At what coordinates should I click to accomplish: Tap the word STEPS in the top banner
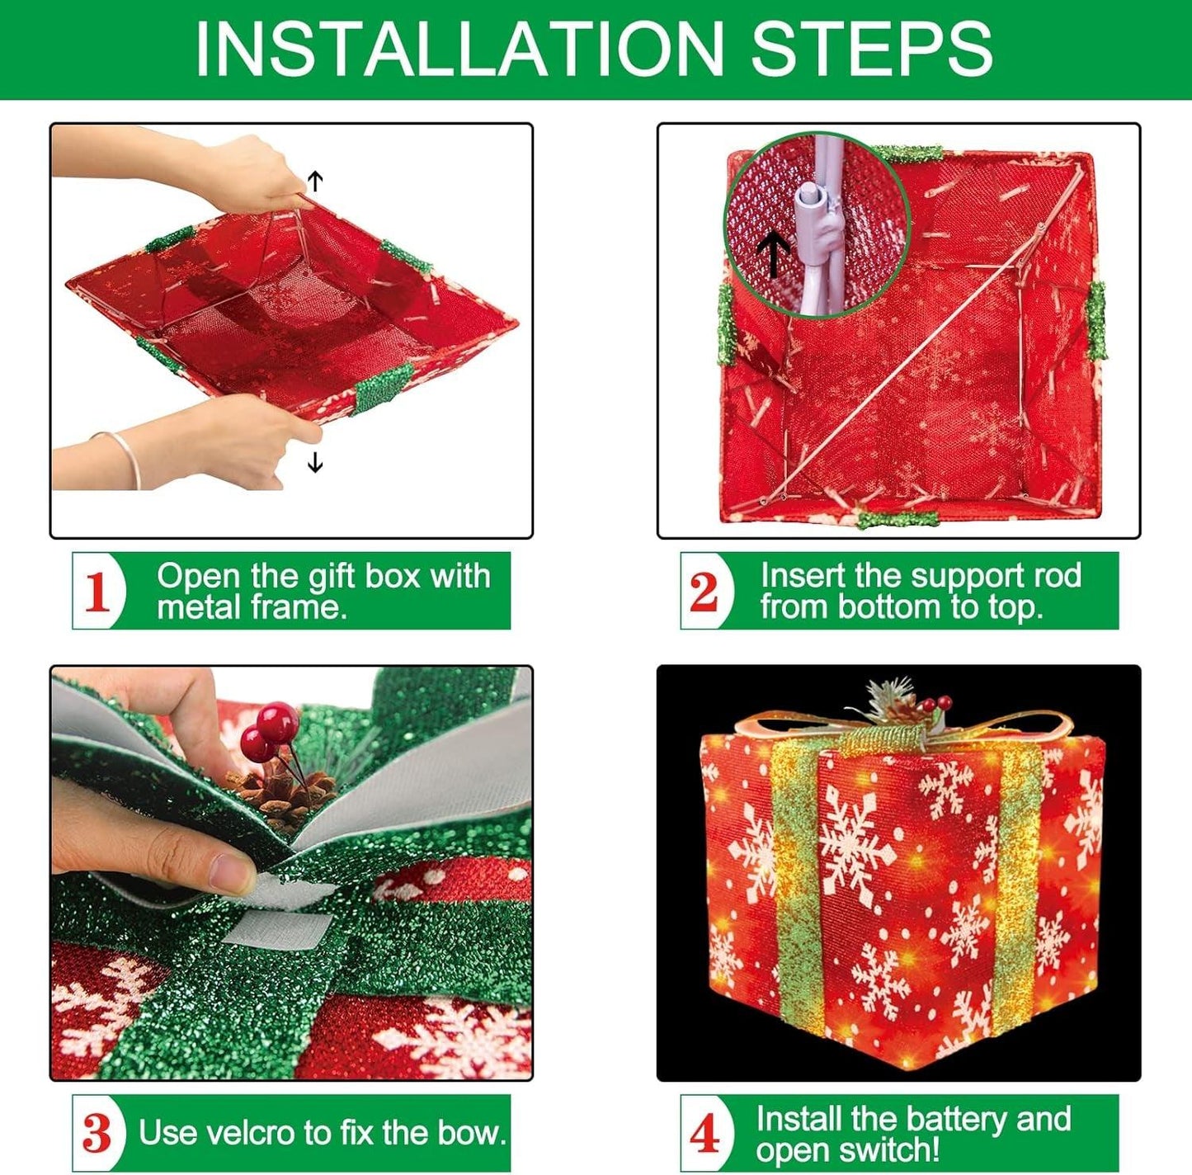pyautogui.click(x=872, y=49)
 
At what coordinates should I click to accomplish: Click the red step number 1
pyautogui.click(x=97, y=592)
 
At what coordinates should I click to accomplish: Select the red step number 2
pyautogui.click(x=704, y=592)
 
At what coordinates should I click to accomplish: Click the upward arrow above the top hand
pyautogui.click(x=315, y=182)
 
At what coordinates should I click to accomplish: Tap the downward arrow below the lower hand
pyautogui.click(x=315, y=461)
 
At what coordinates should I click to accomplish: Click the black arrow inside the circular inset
pyautogui.click(x=773, y=256)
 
